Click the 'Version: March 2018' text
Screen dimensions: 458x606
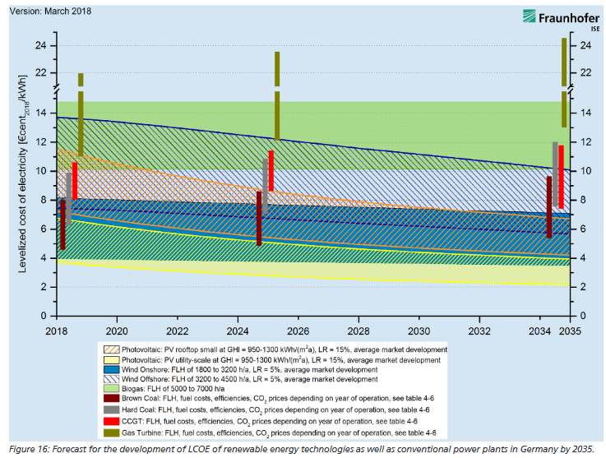[51, 12]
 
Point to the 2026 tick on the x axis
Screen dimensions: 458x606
[298, 330]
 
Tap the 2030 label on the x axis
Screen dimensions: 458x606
[419, 330]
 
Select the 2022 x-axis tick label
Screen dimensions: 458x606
[177, 330]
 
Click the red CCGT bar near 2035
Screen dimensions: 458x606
[561, 177]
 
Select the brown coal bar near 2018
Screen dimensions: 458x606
[62, 224]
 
